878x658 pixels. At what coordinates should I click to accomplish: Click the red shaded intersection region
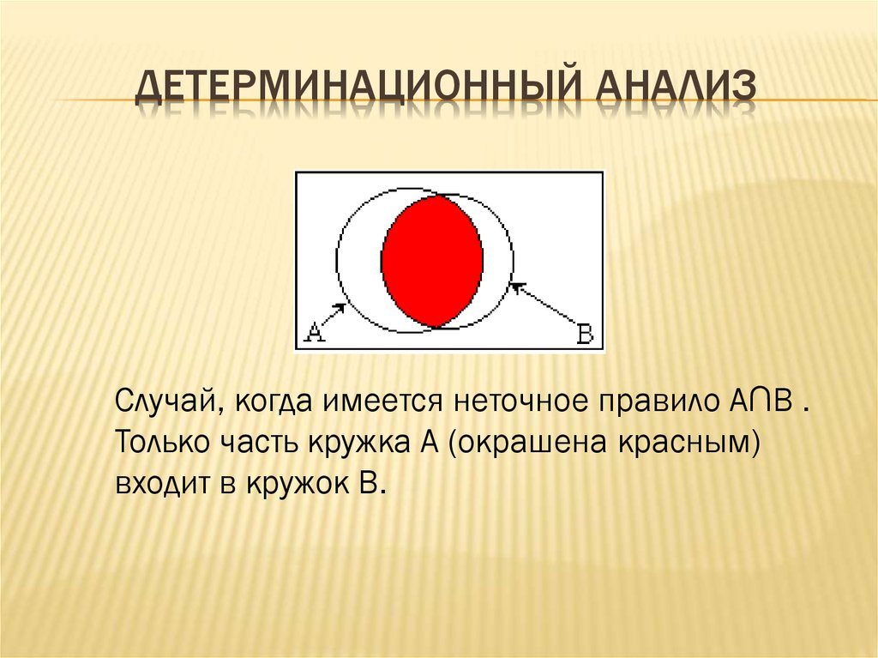(432, 259)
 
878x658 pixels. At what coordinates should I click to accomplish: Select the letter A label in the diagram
(314, 333)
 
